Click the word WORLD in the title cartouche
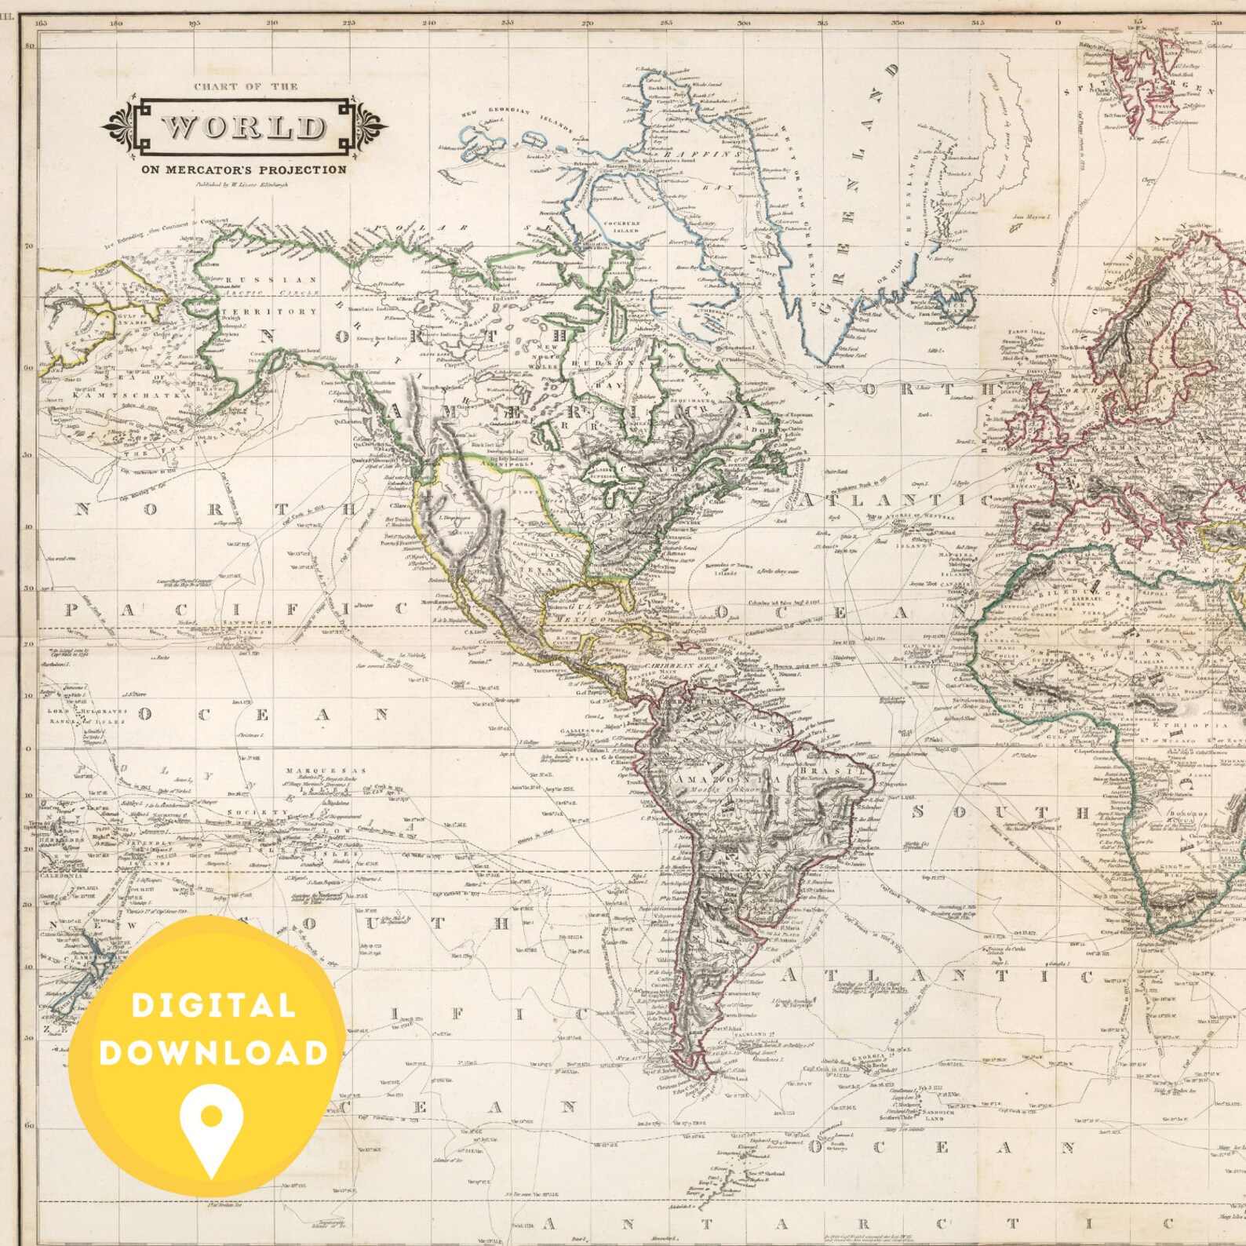coord(246,127)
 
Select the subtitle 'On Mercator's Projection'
coord(244,169)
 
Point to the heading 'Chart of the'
coord(246,86)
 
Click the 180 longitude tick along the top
coord(116,24)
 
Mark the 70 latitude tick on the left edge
coord(29,246)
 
